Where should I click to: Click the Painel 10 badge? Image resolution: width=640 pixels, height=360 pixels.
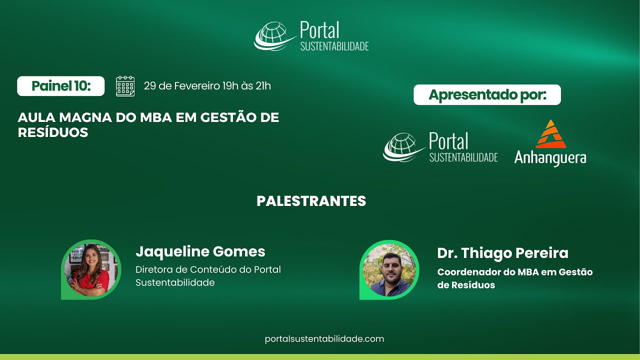[x=61, y=86]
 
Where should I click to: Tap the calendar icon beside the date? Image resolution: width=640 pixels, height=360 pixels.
[x=125, y=86]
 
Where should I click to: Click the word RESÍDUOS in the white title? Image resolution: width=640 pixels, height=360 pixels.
[x=53, y=132]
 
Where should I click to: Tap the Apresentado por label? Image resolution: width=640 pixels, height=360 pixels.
[x=487, y=95]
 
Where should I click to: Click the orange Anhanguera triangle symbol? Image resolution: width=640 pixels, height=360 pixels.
[x=550, y=134]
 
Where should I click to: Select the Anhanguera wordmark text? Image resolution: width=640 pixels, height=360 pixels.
[x=550, y=158]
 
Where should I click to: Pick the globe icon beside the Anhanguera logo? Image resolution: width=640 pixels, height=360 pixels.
[x=403, y=147]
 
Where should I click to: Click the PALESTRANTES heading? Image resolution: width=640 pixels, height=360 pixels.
[x=311, y=201]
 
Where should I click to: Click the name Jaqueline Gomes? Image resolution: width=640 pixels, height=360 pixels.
[x=200, y=251]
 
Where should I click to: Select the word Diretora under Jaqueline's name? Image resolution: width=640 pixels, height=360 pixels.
[x=153, y=269]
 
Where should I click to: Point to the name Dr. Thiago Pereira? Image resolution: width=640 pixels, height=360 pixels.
[x=502, y=253]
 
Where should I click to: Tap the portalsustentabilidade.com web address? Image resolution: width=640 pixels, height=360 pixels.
[x=324, y=339]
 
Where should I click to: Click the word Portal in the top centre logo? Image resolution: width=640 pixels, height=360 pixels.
[x=319, y=30]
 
